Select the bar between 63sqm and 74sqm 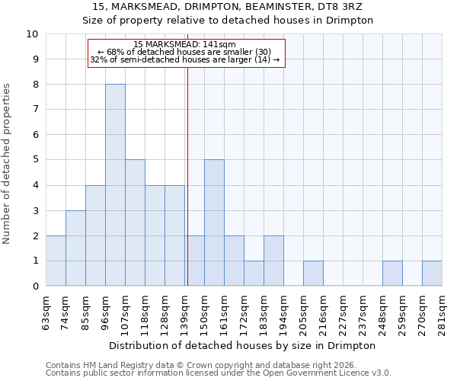click(x=56, y=261)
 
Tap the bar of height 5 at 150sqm click(x=214, y=223)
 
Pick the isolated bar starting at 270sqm click(x=432, y=274)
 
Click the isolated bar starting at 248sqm click(x=392, y=274)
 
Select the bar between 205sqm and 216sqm click(x=313, y=274)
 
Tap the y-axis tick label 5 click(x=34, y=160)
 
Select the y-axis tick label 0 click(x=34, y=287)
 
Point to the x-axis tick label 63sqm click(x=46, y=311)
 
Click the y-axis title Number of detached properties click(x=8, y=164)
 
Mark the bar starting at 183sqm click(x=273, y=261)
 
